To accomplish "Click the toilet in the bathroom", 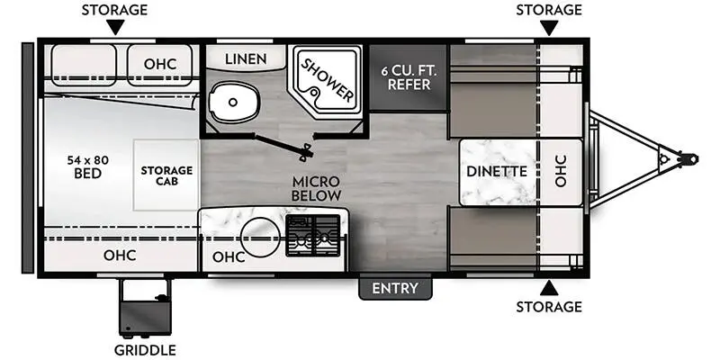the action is [233, 102].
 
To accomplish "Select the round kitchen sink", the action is [261, 237].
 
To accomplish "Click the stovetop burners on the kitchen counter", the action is [313, 235].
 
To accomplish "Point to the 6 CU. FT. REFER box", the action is [409, 77].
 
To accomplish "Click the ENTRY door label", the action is [395, 288].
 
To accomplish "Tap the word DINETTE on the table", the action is [497, 171].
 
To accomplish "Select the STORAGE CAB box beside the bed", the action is [166, 175].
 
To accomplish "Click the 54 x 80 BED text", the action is [87, 166].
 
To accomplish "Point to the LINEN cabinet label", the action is [246, 58].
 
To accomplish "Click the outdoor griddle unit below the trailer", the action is [145, 307].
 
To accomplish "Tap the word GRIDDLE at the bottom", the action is [145, 350].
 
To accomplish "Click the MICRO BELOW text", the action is [317, 188].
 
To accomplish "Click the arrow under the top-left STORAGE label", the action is [115, 28].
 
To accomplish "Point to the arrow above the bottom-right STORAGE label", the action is [549, 288].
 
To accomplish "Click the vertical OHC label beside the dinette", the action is [561, 170].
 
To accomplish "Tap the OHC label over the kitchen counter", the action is [229, 257].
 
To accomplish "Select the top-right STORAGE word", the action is [549, 10].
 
